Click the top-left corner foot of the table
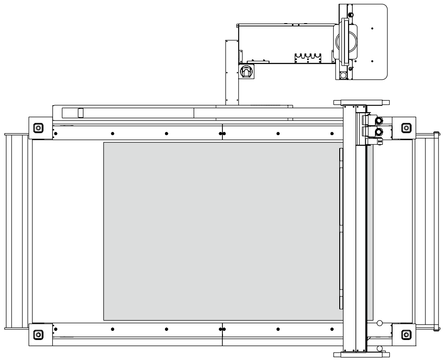(x=38, y=127)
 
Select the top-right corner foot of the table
(x=406, y=127)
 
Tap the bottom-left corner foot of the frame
(x=38, y=334)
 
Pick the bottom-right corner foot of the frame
(x=406, y=334)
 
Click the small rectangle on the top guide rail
(x=80, y=112)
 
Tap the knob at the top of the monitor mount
(x=351, y=15)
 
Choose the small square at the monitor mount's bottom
(x=343, y=75)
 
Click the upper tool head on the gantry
(x=379, y=121)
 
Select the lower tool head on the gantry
(x=379, y=133)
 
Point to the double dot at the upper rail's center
(x=222, y=134)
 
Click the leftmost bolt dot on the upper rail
(x=55, y=134)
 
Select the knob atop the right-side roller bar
(x=436, y=135)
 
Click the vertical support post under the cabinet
(x=231, y=72)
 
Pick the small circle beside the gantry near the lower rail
(x=379, y=323)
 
